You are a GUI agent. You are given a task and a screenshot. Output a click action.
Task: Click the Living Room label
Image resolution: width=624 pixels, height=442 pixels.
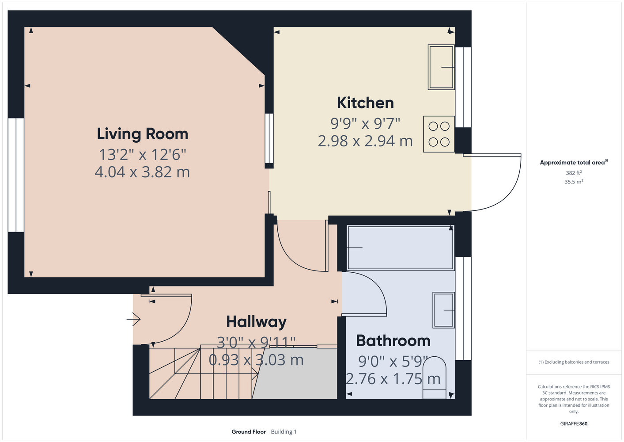pyautogui.click(x=142, y=134)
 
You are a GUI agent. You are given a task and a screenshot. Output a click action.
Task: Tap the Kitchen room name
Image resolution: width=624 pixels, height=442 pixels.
pyautogui.click(x=365, y=103)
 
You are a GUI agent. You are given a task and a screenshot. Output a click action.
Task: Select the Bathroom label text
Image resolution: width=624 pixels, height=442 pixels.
pyautogui.click(x=393, y=341)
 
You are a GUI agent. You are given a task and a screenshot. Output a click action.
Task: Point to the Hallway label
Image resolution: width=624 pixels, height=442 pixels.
pyautogui.click(x=256, y=322)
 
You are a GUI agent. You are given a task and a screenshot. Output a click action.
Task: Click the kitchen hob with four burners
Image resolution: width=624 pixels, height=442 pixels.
pyautogui.click(x=439, y=134)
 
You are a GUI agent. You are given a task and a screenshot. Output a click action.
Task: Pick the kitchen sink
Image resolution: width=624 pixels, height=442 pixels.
pyautogui.click(x=441, y=67)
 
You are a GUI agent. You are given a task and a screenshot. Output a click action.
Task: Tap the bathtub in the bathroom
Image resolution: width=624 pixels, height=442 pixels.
pyautogui.click(x=401, y=248)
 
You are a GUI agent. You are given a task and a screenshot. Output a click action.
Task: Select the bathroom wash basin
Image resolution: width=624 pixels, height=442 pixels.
pyautogui.click(x=443, y=310)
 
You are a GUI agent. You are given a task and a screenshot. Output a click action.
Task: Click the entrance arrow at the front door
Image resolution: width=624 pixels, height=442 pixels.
pyautogui.click(x=133, y=319)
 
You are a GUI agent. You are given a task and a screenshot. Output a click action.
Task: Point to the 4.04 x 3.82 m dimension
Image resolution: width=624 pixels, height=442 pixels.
pyautogui.click(x=142, y=172)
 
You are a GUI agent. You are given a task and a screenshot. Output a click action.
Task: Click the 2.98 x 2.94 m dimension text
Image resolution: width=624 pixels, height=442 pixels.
pyautogui.click(x=365, y=141)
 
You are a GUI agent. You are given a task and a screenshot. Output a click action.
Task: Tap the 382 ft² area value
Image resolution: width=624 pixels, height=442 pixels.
pyautogui.click(x=574, y=173)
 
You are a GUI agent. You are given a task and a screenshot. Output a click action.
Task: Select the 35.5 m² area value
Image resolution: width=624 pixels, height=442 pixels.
pyautogui.click(x=574, y=182)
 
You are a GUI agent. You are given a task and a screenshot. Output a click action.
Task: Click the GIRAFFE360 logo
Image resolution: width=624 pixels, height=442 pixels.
pyautogui.click(x=574, y=423)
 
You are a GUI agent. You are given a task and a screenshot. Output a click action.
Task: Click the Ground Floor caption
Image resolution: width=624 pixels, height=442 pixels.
pyautogui.click(x=249, y=432)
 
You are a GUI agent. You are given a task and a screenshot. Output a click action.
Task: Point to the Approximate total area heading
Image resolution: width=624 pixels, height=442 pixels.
pyautogui.click(x=574, y=162)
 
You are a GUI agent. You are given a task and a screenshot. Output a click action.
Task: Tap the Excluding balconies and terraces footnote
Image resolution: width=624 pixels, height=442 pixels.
pyautogui.click(x=574, y=362)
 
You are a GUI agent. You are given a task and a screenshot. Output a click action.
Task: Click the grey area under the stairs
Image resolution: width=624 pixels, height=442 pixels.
pyautogui.click(x=295, y=373)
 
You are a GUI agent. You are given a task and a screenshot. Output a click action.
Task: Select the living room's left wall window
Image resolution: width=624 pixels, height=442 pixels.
pyautogui.click(x=16, y=175)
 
